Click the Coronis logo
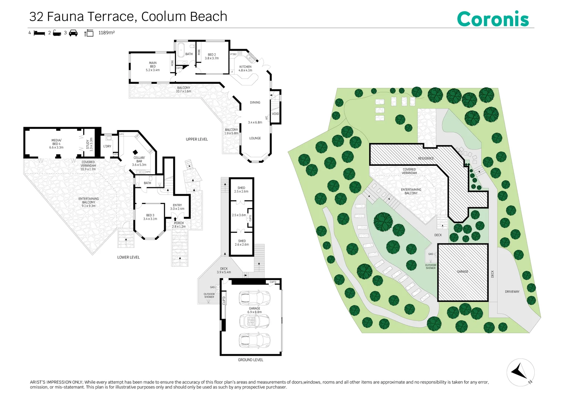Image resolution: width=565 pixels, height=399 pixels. pyautogui.click(x=493, y=19)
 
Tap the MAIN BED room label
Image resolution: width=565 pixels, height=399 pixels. pyautogui.click(x=153, y=66)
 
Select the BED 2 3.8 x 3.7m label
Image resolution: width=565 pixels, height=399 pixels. pyautogui.click(x=212, y=56)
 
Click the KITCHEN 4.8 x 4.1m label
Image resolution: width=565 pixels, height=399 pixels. pyautogui.click(x=245, y=69)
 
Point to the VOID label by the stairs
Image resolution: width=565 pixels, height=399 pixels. pyautogui.click(x=275, y=114)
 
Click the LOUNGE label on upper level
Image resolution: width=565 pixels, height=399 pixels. pyautogui.click(x=255, y=138)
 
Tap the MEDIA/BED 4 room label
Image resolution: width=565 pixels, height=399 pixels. pyautogui.click(x=56, y=144)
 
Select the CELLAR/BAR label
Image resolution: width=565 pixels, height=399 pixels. pyautogui.click(x=139, y=161)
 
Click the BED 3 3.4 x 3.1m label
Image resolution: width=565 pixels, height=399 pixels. pyautogui.click(x=150, y=217)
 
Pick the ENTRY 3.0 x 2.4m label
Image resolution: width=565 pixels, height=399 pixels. pyautogui.click(x=177, y=207)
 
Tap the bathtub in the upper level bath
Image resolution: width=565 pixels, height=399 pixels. pyautogui.click(x=181, y=50)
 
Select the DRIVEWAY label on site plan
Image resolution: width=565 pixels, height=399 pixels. pyautogui.click(x=512, y=291)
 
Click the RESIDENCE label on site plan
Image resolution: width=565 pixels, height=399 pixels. pyautogui.click(x=426, y=158)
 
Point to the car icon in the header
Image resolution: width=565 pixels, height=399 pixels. pyautogui.click(x=73, y=33)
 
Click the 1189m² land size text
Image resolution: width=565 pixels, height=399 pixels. pyautogui.click(x=106, y=33)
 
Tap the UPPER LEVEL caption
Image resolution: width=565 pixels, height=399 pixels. pyautogui.click(x=197, y=139)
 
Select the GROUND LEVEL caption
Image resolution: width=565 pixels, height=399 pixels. pyautogui.click(x=250, y=360)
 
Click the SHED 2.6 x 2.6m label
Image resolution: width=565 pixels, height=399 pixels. pyautogui.click(x=242, y=243)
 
